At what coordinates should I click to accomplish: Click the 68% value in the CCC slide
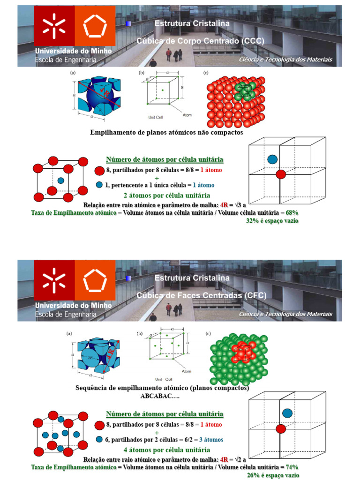(x=292, y=212)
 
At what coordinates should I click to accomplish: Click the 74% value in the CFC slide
(x=292, y=467)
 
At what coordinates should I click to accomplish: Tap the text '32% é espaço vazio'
(x=272, y=220)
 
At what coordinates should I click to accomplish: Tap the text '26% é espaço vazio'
(x=273, y=475)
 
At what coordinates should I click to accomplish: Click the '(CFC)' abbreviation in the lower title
(x=255, y=295)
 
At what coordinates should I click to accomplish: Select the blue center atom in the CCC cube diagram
(x=60, y=180)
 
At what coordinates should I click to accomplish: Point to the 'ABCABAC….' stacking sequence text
(x=162, y=396)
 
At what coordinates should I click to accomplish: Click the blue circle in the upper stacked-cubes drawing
(x=272, y=159)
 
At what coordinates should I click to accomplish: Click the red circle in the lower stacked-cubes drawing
(x=281, y=428)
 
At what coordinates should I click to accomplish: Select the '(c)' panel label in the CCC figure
(x=206, y=73)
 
